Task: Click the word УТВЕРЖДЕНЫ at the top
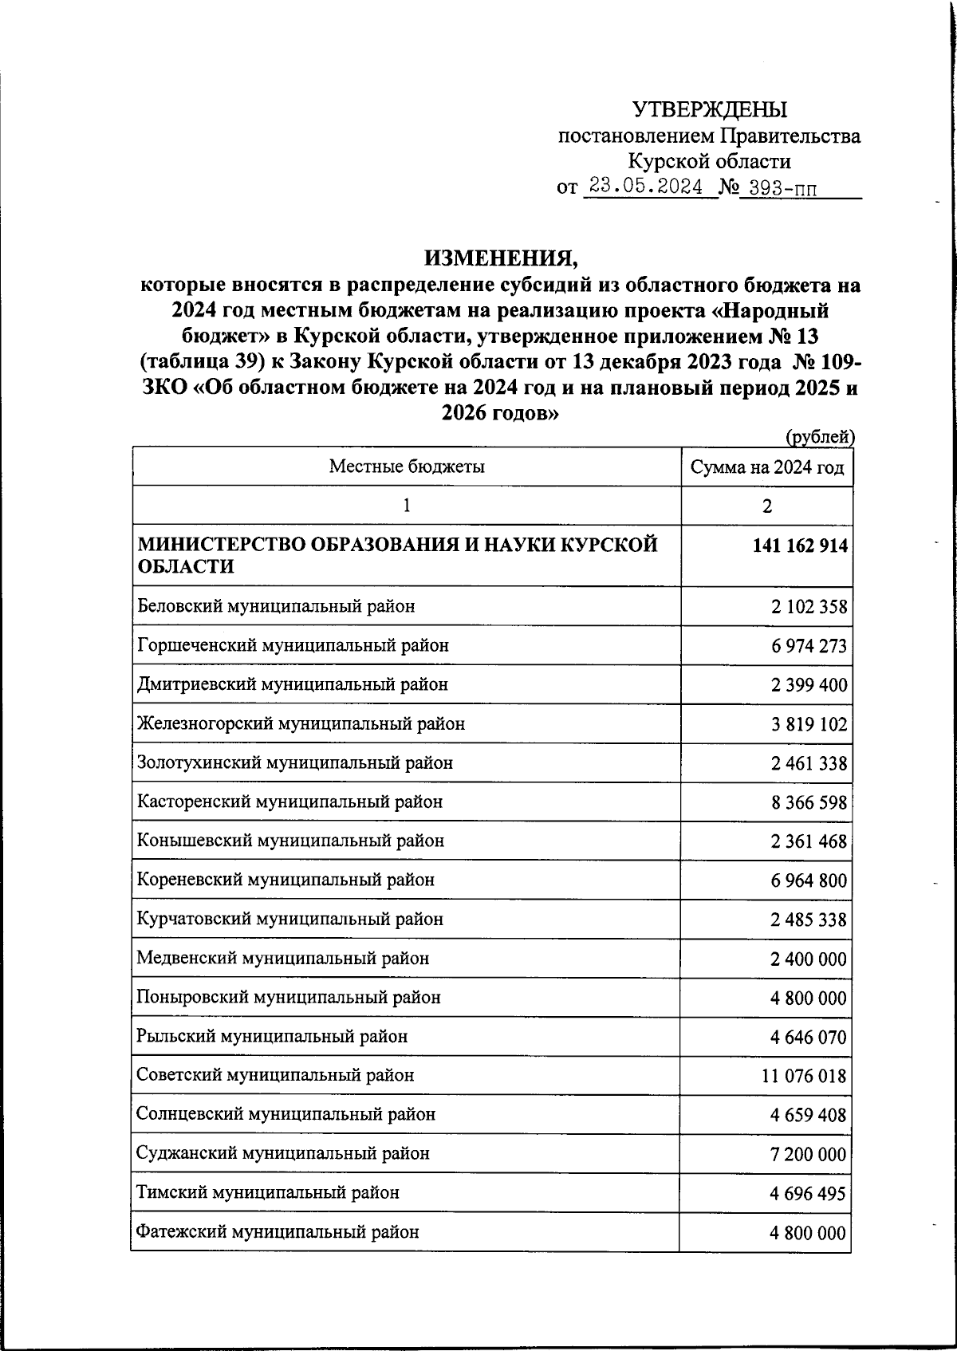[709, 109]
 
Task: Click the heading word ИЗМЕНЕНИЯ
[499, 258]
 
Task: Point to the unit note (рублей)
[821, 436]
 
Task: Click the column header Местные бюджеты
[407, 467]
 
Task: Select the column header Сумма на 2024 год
[767, 467]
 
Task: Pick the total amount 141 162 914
[798, 546]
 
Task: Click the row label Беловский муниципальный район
[276, 606]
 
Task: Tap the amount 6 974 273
[809, 646]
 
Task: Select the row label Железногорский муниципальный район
[301, 724]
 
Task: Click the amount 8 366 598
[809, 802]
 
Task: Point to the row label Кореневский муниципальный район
[286, 880]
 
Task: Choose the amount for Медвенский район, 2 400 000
[809, 959]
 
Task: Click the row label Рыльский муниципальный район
[272, 1037]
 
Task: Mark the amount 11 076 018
[804, 1076]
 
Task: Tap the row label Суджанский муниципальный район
[283, 1153]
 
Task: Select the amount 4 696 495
[809, 1193]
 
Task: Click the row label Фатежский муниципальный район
[278, 1232]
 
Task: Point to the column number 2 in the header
[767, 506]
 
